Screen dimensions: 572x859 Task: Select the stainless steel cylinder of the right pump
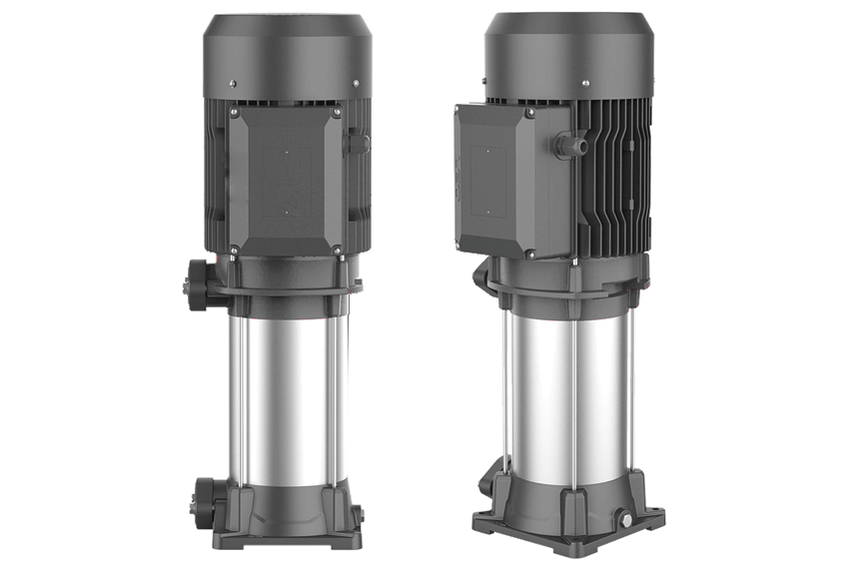[565, 399]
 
